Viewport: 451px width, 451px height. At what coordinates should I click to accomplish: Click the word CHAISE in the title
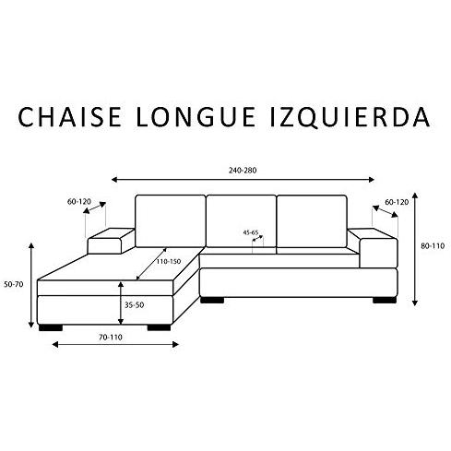[69, 117]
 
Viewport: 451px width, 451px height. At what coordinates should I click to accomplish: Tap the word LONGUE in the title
[196, 117]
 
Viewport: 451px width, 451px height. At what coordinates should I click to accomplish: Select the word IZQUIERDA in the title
[350, 118]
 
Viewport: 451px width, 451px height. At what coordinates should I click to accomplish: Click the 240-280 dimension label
[243, 171]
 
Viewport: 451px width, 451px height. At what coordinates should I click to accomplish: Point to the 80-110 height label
[433, 246]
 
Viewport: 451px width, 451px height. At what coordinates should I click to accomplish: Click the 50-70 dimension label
[14, 284]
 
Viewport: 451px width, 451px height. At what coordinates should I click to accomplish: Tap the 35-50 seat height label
[135, 305]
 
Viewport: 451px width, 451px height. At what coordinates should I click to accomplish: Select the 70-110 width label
[111, 338]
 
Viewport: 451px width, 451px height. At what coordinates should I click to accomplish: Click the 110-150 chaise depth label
[169, 262]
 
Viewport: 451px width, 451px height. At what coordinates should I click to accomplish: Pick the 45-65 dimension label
[251, 232]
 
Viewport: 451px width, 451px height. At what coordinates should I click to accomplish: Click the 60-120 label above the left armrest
[79, 202]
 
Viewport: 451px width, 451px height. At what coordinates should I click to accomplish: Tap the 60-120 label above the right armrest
[397, 202]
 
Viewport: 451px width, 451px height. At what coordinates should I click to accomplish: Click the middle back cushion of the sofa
[241, 221]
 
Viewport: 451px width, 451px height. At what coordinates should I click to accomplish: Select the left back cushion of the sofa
[171, 221]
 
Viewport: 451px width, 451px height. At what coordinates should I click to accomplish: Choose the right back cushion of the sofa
[312, 221]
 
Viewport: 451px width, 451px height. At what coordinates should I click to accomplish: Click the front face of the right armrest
[378, 253]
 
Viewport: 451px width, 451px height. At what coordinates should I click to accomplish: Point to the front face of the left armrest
[105, 246]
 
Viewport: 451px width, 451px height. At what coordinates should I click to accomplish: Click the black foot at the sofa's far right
[385, 301]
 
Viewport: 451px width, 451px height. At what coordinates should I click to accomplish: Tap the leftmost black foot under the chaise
[51, 327]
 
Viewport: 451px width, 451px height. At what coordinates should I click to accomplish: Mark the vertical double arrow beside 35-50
[121, 303]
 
